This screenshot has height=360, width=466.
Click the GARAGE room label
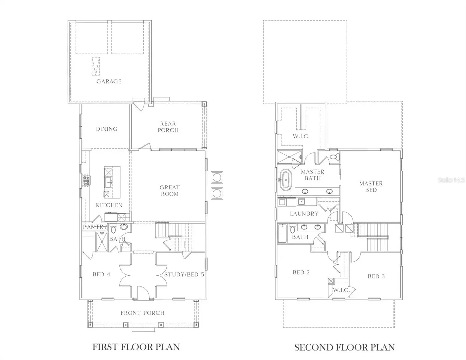click(109, 81)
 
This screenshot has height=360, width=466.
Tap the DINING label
click(107, 129)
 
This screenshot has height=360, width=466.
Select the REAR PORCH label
click(168, 127)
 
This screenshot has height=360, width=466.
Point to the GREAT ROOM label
click(169, 191)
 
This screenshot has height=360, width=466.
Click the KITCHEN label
click(109, 205)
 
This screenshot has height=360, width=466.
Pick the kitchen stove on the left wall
click(86, 180)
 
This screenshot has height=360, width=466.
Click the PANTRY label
click(95, 227)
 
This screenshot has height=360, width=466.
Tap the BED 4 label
click(101, 274)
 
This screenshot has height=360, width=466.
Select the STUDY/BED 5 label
click(184, 274)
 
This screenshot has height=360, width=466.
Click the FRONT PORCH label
click(142, 313)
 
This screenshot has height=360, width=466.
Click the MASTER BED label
click(371, 187)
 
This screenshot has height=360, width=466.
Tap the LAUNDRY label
click(304, 214)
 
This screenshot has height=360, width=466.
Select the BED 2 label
click(301, 272)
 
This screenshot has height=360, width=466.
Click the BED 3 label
click(376, 276)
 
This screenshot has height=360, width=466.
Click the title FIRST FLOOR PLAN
click(136, 347)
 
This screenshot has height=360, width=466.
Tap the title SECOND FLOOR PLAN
click(344, 347)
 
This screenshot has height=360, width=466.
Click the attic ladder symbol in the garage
click(96, 66)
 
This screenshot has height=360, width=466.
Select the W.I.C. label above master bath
click(301, 136)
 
